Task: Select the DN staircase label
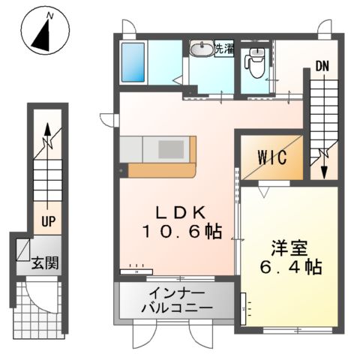click(x=321, y=66)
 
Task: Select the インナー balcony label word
click(x=175, y=292)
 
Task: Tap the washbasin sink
click(x=202, y=50)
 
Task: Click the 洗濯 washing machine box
click(x=223, y=50)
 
